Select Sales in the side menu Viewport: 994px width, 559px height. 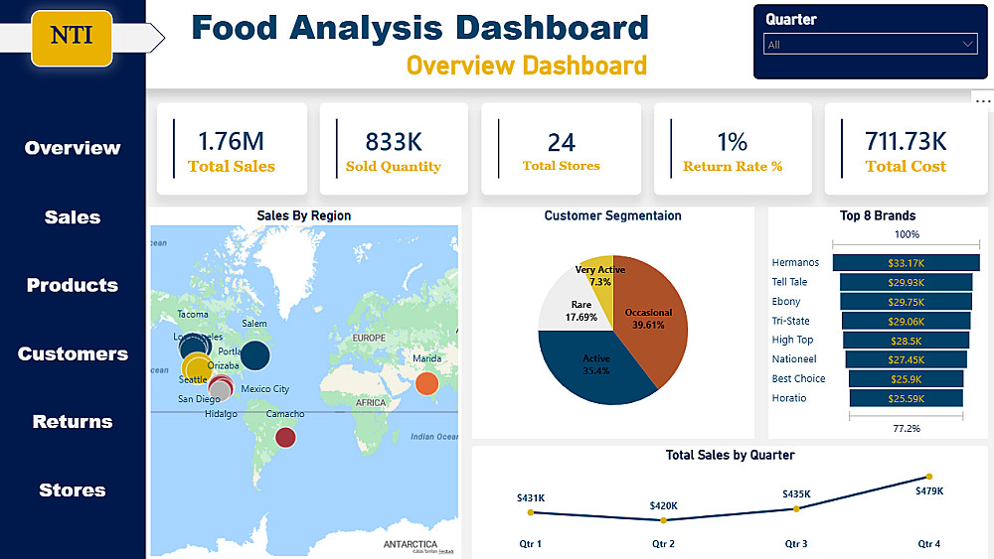tap(73, 217)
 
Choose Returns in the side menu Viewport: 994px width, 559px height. tap(73, 422)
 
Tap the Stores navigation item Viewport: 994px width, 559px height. tap(73, 490)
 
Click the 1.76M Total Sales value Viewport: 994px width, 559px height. tap(232, 142)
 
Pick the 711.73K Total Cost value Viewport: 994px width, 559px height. tap(906, 142)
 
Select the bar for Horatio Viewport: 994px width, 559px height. tap(906, 398)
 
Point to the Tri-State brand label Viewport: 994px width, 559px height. tap(791, 321)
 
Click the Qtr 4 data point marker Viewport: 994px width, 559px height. tap(928, 477)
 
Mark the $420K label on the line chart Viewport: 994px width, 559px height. tap(663, 506)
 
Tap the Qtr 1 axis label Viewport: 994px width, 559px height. tap(530, 544)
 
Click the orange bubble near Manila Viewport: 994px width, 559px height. tap(426, 383)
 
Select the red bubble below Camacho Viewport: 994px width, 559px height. tap(285, 436)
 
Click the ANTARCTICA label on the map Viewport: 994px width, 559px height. tap(410, 544)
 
